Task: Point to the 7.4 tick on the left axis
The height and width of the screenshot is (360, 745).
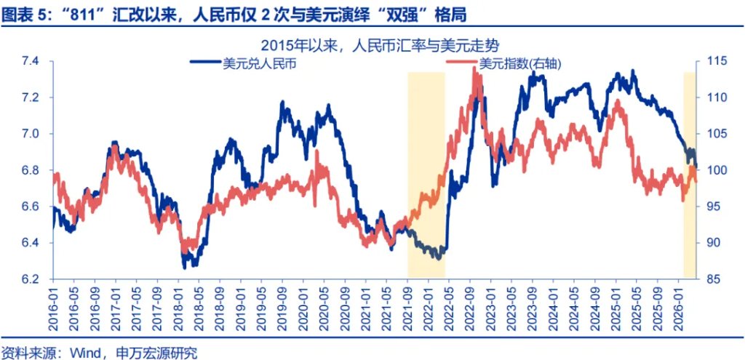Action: click(x=33, y=61)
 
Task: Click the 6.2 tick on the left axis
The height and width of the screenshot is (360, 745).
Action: click(x=33, y=279)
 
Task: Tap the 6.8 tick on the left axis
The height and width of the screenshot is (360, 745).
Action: click(x=33, y=170)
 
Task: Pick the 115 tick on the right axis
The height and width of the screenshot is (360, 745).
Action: click(x=713, y=61)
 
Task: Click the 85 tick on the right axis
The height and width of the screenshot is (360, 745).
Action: click(x=713, y=279)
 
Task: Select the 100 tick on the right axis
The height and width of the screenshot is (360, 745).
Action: click(x=713, y=170)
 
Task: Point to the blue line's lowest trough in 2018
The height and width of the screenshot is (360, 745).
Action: click(x=186, y=266)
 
